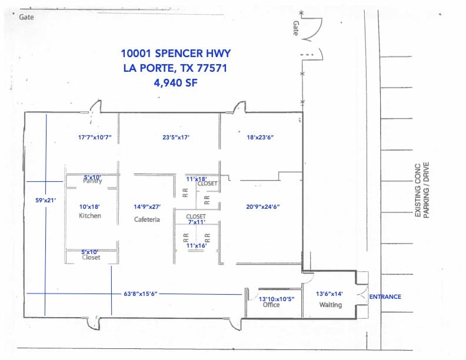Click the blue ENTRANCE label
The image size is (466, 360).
[x=385, y=297]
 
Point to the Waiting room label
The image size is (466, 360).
[x=331, y=305]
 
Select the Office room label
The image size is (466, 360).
[x=271, y=305]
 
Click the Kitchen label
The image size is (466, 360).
[x=90, y=216]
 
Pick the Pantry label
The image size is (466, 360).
[x=92, y=181]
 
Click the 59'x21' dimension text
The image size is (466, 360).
[x=45, y=201]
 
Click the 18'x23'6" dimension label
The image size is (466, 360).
[x=260, y=138]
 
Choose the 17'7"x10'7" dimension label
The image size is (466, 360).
[x=95, y=138]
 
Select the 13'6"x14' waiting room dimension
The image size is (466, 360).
[x=330, y=294]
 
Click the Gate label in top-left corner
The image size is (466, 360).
[x=26, y=17]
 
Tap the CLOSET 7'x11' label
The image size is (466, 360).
[x=196, y=219]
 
